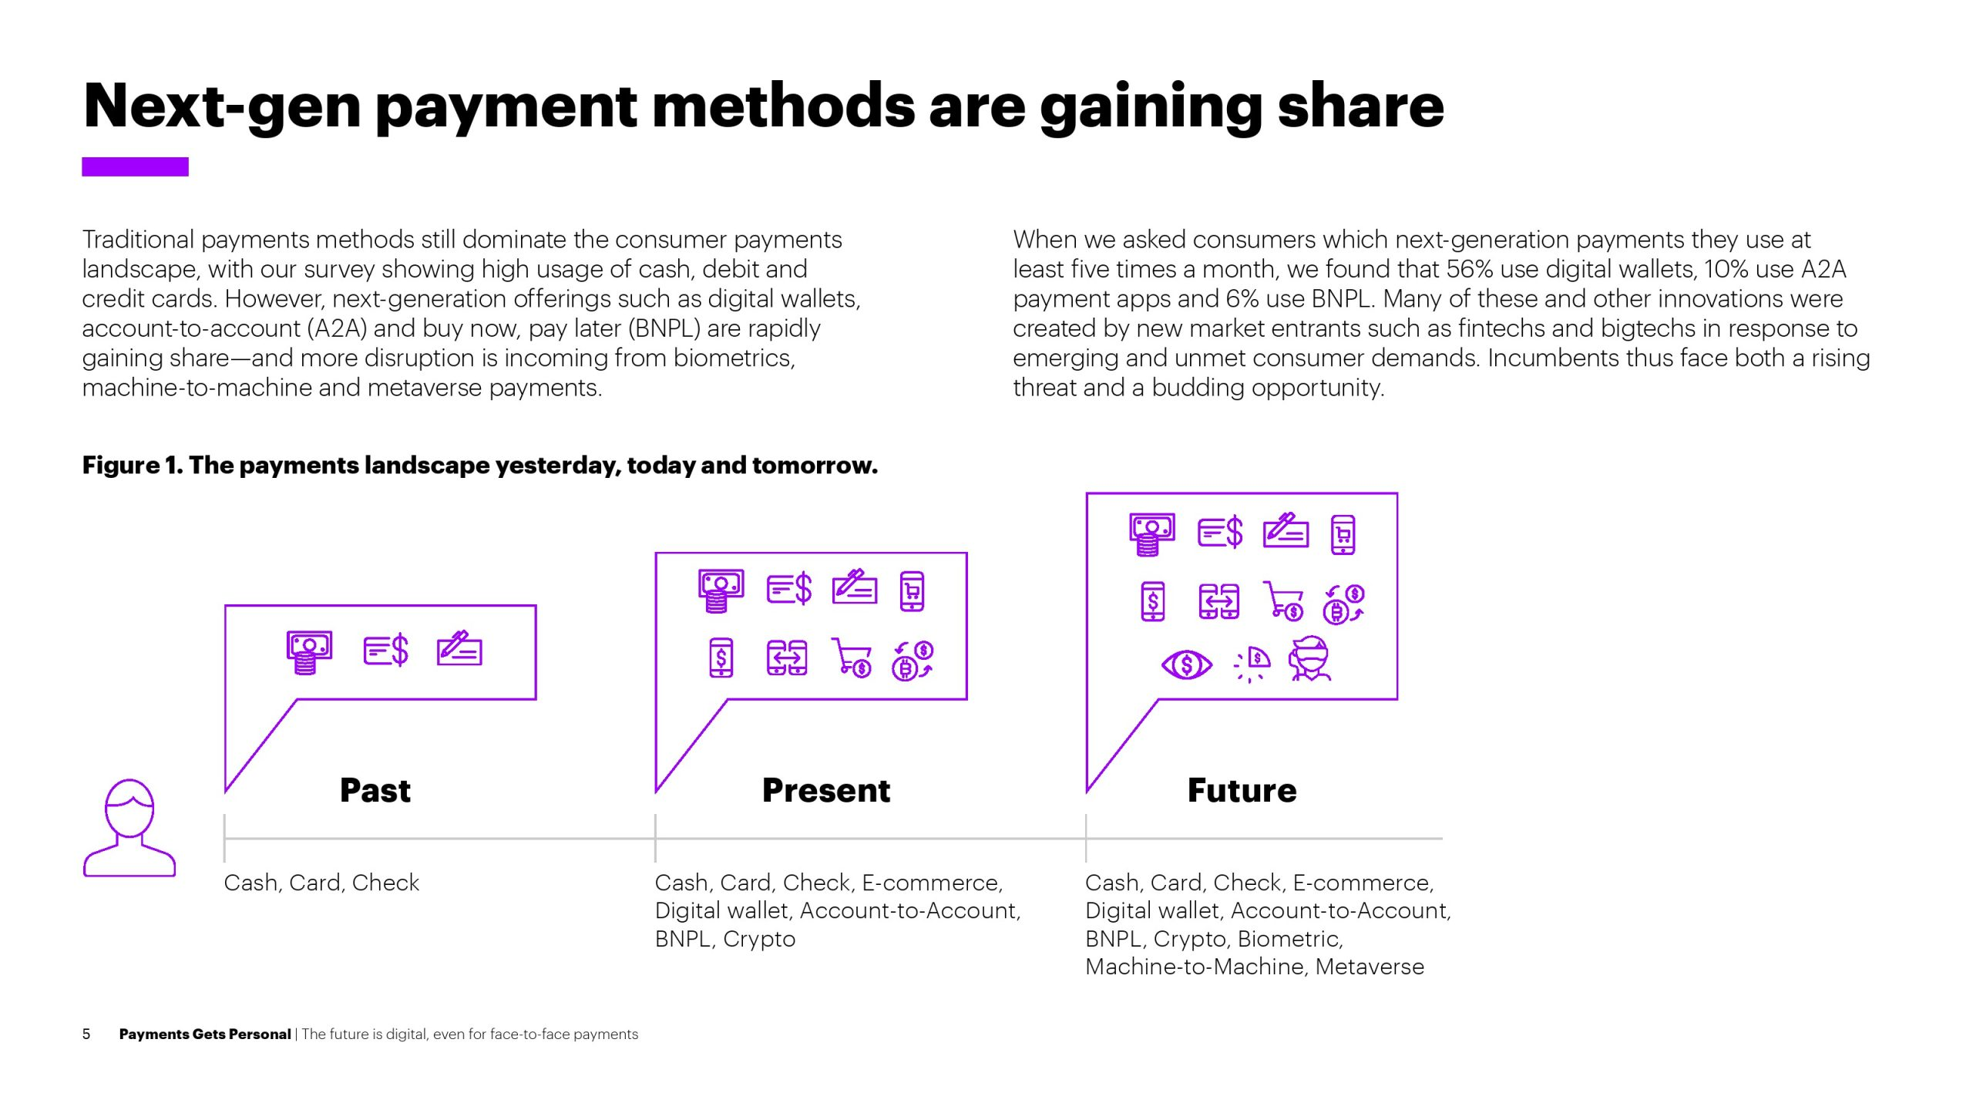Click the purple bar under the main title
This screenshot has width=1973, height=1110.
pyautogui.click(x=135, y=166)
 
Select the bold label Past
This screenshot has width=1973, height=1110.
pyautogui.click(x=375, y=790)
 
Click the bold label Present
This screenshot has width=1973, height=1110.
pyautogui.click(x=826, y=790)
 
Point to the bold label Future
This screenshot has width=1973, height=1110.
pyautogui.click(x=1242, y=790)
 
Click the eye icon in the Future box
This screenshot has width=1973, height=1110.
pyautogui.click(x=1187, y=664)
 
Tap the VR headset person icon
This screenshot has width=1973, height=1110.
pyautogui.click(x=1310, y=659)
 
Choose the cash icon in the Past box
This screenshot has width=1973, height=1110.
pyautogui.click(x=309, y=652)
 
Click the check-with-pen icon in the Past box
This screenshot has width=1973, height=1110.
pyautogui.click(x=459, y=648)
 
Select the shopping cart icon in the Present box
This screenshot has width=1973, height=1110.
pyautogui.click(x=852, y=658)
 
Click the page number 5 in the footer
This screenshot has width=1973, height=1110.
pyautogui.click(x=86, y=1034)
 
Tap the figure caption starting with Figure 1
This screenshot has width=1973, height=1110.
pyautogui.click(x=480, y=466)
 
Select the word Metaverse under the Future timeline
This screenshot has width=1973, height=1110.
pyautogui.click(x=1370, y=967)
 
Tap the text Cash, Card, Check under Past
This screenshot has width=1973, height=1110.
pyautogui.click(x=321, y=883)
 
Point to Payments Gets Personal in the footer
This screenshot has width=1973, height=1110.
pyautogui.click(x=205, y=1034)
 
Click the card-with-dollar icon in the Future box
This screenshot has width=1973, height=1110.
pyautogui.click(x=1220, y=532)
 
